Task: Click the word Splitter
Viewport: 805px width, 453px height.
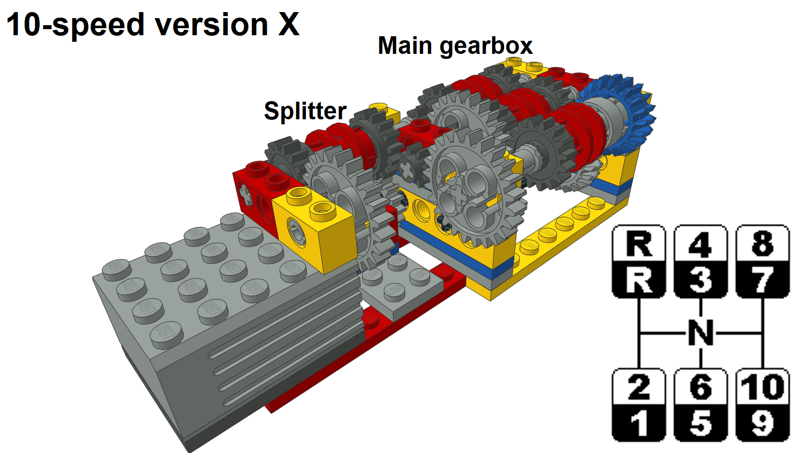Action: tap(305, 111)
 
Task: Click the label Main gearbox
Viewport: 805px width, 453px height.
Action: tap(455, 46)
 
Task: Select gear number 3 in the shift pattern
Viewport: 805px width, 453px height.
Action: tap(700, 280)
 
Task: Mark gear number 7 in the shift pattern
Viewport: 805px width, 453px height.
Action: tap(762, 280)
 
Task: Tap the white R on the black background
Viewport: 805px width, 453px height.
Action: tap(638, 280)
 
